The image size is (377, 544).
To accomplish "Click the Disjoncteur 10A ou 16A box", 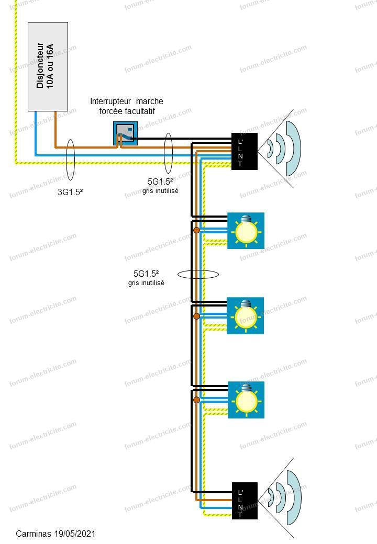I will (x=48, y=66).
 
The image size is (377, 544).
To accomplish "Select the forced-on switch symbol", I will (x=125, y=134).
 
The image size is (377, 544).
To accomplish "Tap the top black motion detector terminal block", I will (x=245, y=151).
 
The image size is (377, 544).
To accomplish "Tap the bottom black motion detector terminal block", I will (x=245, y=501).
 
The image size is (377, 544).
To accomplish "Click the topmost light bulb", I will (x=246, y=230).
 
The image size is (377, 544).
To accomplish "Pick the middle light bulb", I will (x=245, y=315).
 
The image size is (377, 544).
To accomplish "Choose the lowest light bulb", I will (x=246, y=400).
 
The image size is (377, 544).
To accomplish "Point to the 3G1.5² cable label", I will (x=70, y=192).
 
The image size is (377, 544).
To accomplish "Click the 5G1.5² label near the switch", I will (x=161, y=182).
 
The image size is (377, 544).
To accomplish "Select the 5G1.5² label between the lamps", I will (x=146, y=274).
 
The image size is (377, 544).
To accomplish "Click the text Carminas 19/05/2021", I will (x=56, y=534).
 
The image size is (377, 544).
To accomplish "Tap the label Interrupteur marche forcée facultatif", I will (x=127, y=106).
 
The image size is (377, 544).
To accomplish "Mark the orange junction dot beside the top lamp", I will (x=196, y=230).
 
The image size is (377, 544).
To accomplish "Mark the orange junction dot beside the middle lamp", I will (x=196, y=316).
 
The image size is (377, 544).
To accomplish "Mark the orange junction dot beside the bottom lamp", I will (x=196, y=400).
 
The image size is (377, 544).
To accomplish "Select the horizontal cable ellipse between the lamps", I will (x=198, y=274).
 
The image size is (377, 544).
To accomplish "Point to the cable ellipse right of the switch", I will (x=168, y=153).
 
